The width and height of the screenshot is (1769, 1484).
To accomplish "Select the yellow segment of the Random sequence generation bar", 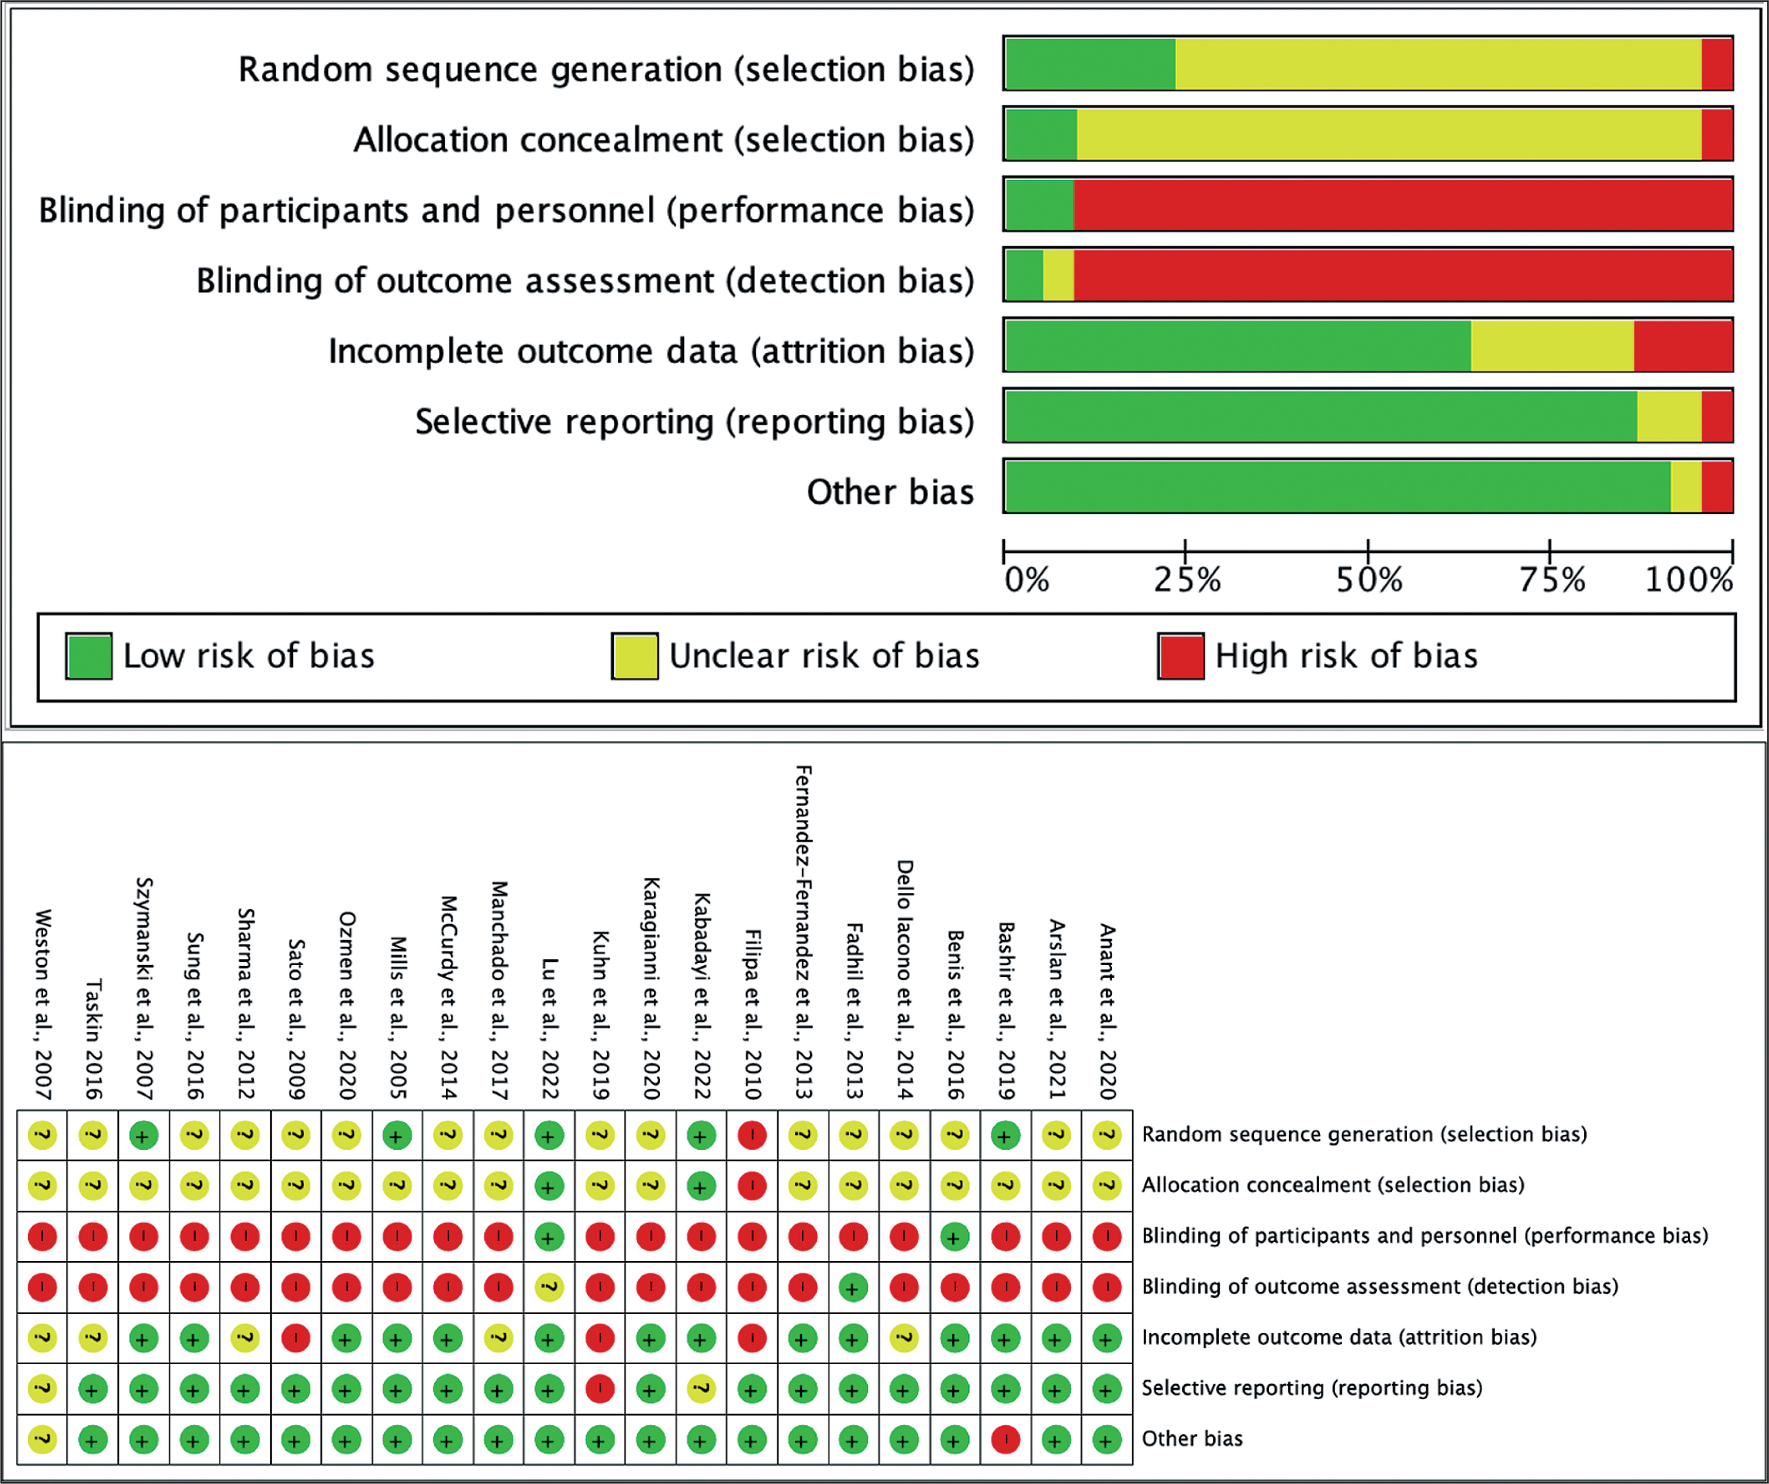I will [x=1438, y=64].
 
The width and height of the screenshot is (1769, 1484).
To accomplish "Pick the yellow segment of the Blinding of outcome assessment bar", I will [x=1058, y=275].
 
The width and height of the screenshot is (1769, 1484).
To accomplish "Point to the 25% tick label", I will [x=1187, y=580].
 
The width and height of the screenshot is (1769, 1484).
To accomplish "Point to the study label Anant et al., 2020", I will [x=1107, y=1011].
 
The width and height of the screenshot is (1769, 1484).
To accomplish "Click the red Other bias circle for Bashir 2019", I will [x=1005, y=1438].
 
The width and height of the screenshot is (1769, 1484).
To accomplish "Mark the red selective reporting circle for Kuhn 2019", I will [x=599, y=1388].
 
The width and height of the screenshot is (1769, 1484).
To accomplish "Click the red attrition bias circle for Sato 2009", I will [x=295, y=1338].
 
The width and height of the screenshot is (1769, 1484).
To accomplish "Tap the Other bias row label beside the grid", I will [x=1191, y=1438].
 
